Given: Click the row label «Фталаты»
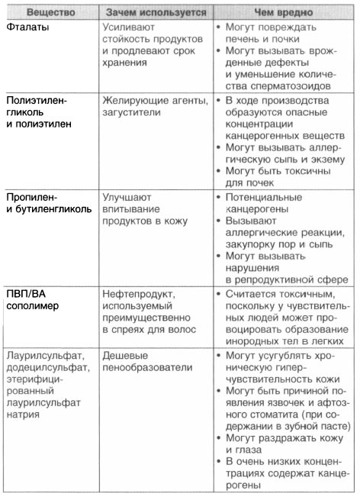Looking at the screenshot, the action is pyautogui.click(x=26, y=28).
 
